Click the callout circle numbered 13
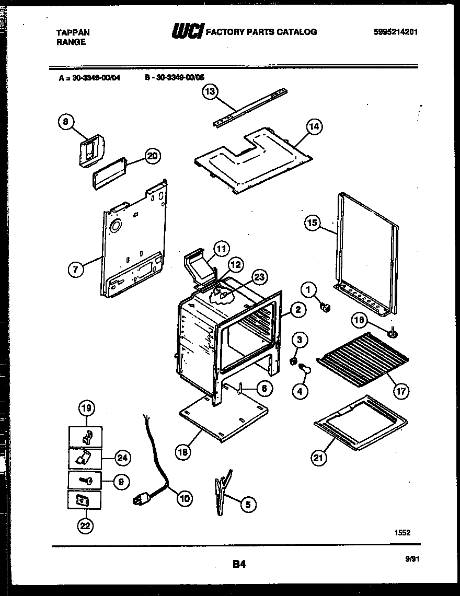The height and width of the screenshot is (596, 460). [210, 92]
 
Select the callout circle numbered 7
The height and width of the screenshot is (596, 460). [76, 270]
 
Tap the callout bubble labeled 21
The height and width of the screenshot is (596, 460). [319, 458]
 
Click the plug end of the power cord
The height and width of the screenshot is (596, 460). [140, 500]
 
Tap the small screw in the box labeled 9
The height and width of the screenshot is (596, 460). [85, 479]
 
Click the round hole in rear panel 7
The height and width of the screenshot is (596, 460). [115, 226]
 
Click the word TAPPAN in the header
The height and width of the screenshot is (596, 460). [73, 32]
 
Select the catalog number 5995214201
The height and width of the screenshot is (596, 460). [396, 32]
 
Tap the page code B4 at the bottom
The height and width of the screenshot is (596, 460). [239, 564]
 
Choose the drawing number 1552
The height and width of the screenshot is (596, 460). [402, 532]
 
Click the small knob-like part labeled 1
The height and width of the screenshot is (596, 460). [326, 308]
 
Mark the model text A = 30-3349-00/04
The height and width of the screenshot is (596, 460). [90, 76]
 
